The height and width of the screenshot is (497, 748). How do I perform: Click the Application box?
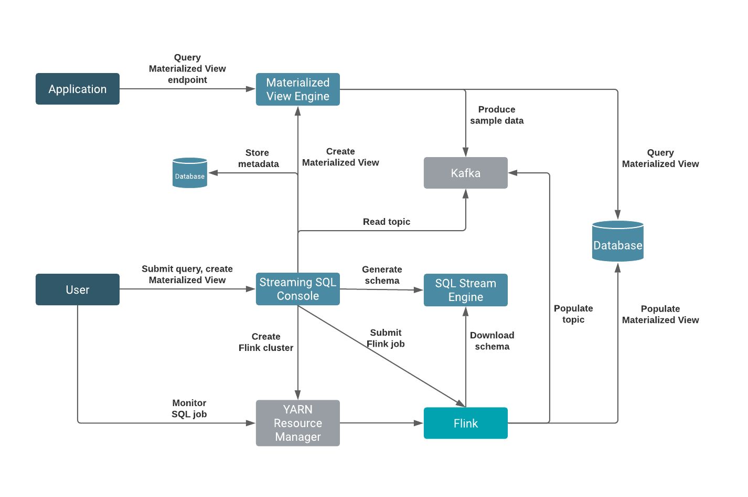pos(77,89)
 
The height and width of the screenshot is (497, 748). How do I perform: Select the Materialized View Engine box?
pos(297,89)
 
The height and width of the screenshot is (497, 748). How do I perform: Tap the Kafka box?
pos(465,173)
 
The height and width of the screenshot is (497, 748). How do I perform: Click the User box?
pos(77,289)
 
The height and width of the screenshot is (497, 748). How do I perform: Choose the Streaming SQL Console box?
pos(297,289)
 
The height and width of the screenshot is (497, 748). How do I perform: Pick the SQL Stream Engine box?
pos(465,290)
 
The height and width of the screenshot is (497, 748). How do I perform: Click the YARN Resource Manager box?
pos(297,423)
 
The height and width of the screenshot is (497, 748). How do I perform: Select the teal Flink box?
pos(465,423)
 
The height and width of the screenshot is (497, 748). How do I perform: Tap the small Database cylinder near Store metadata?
pos(190,173)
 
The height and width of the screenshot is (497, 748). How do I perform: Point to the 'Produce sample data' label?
pos(496,115)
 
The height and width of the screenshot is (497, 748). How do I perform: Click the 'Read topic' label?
pos(386,222)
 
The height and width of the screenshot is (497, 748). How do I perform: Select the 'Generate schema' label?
pos(382,275)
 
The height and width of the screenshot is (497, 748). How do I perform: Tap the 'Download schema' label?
pos(492,341)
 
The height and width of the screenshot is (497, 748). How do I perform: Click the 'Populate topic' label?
pos(573,314)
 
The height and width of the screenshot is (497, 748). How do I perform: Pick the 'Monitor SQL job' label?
pos(189,408)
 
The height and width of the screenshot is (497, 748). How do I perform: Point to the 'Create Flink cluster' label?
pos(265,342)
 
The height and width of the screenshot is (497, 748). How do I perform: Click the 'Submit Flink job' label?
pos(386,338)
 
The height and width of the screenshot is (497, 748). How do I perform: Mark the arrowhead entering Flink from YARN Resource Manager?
pos(419,423)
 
